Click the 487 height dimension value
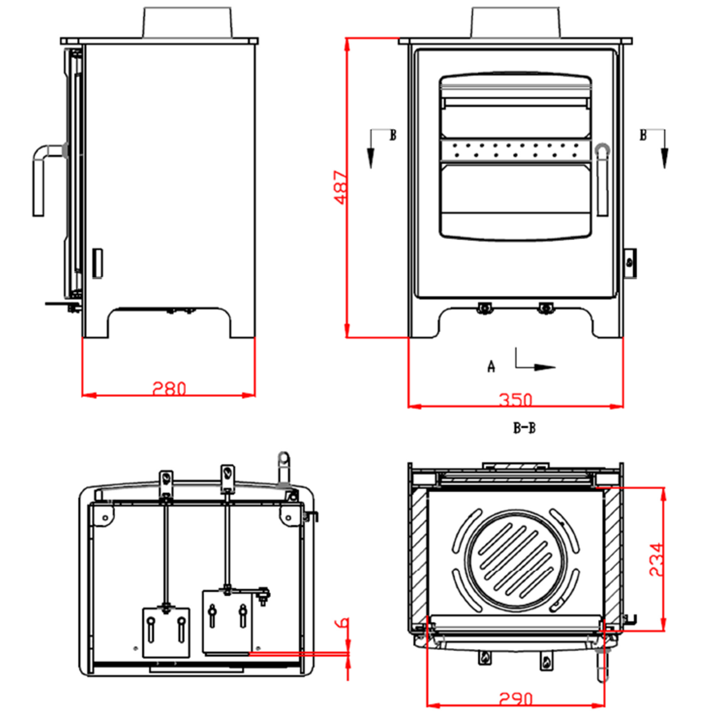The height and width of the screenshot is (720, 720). (x=341, y=188)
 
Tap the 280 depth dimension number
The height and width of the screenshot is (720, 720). (x=169, y=389)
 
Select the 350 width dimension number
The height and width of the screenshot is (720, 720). (x=516, y=400)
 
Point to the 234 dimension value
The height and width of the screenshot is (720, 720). (x=656, y=560)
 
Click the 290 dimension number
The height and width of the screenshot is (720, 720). (x=516, y=699)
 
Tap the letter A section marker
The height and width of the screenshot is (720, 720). (x=491, y=367)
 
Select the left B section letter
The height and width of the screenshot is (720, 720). (x=393, y=135)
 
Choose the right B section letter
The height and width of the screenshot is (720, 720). (x=643, y=135)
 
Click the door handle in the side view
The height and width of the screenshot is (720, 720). (x=42, y=175)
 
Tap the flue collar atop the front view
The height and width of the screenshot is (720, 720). (x=516, y=22)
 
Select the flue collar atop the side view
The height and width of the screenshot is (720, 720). (x=188, y=22)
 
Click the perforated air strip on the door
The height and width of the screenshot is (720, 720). (x=516, y=150)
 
